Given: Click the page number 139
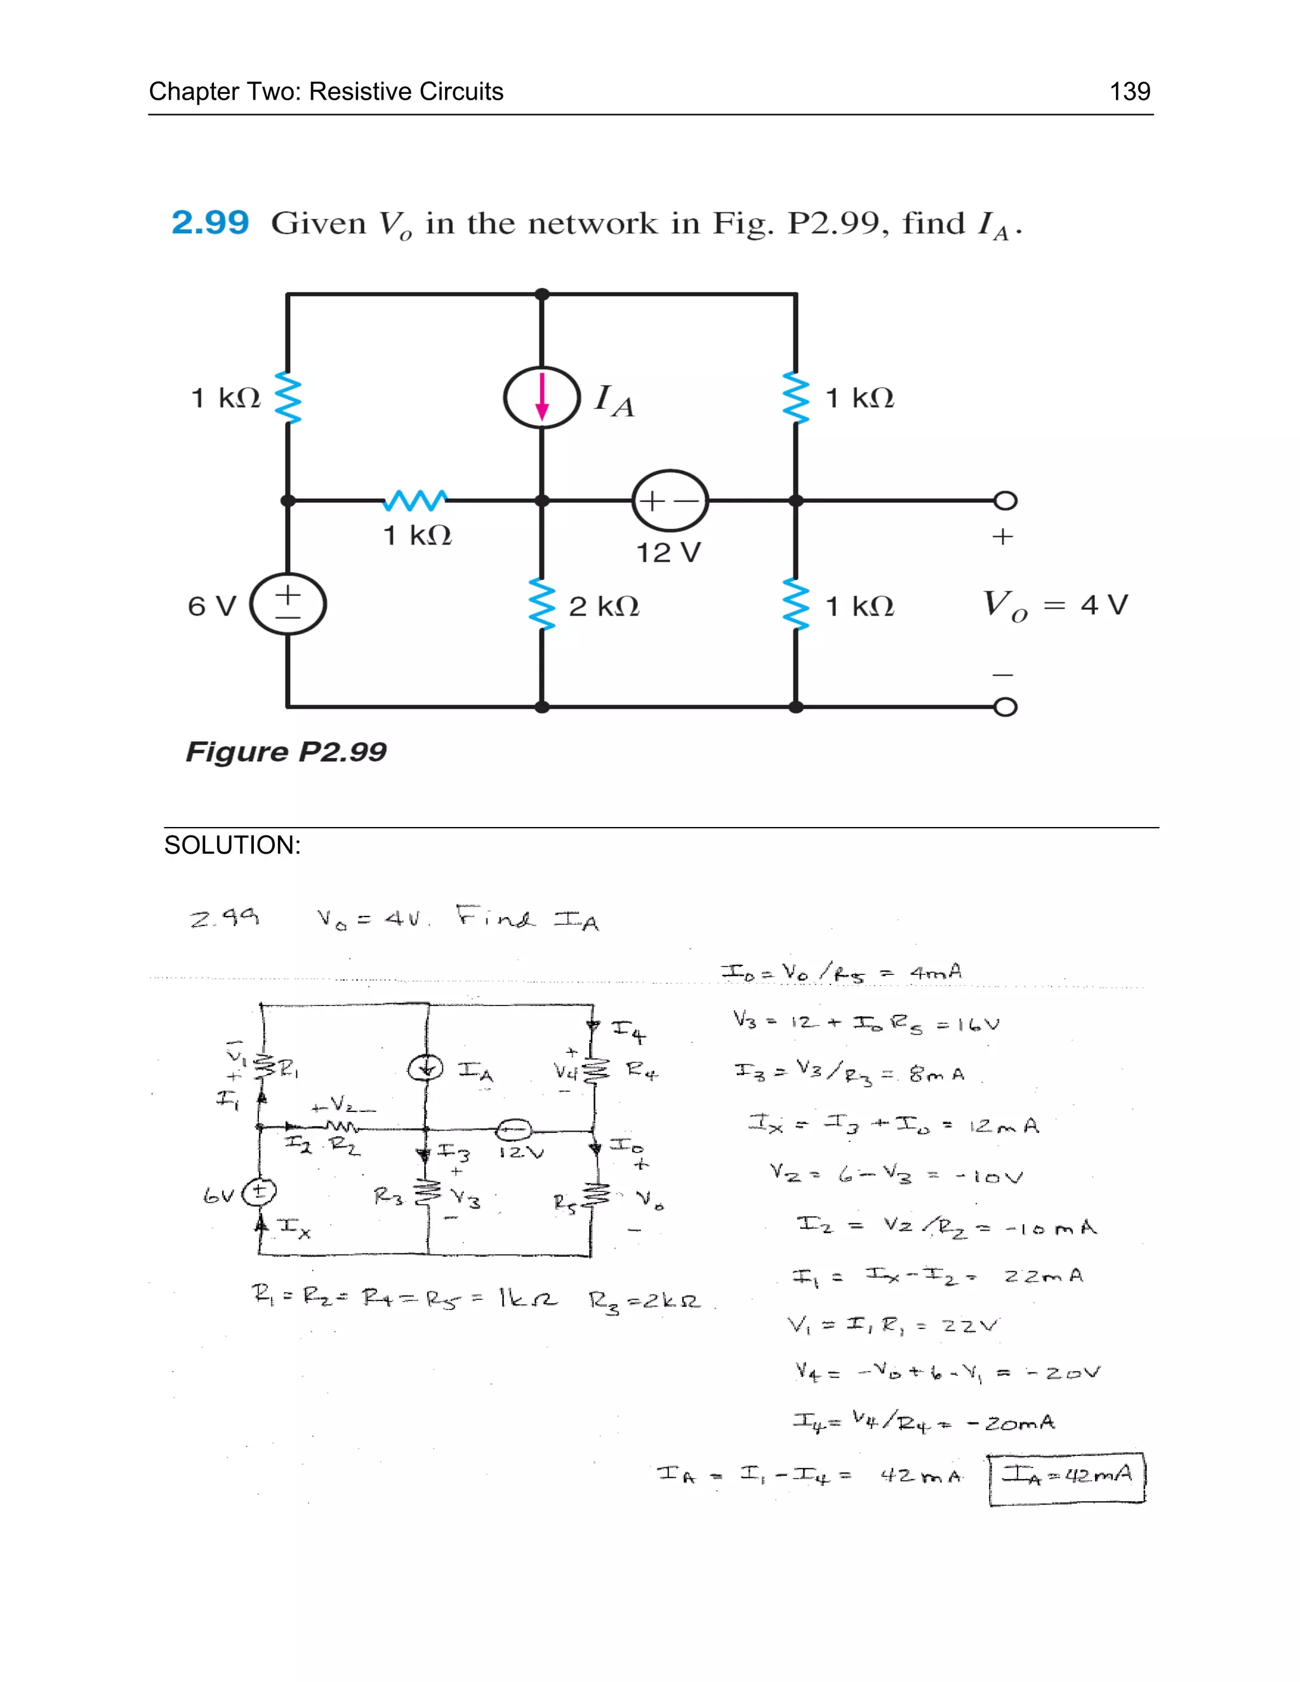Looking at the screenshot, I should [x=1129, y=91].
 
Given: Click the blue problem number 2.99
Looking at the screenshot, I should [x=210, y=223].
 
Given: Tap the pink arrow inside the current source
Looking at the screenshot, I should [x=542, y=397].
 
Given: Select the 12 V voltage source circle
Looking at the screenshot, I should [x=670, y=501].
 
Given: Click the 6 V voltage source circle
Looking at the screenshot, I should [x=288, y=604].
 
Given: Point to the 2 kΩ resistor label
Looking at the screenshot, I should [x=604, y=607].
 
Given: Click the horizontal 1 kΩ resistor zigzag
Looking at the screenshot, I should [x=415, y=501].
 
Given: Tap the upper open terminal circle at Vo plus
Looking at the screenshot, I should [x=1005, y=501].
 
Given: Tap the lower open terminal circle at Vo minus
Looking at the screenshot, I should [x=1005, y=707].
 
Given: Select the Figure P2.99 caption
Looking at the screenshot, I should [x=286, y=752].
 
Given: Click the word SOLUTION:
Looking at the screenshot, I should [x=232, y=845].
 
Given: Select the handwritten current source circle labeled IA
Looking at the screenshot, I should [x=426, y=1069].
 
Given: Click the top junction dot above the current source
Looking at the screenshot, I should [x=542, y=295].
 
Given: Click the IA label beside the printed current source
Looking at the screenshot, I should [x=614, y=401].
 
